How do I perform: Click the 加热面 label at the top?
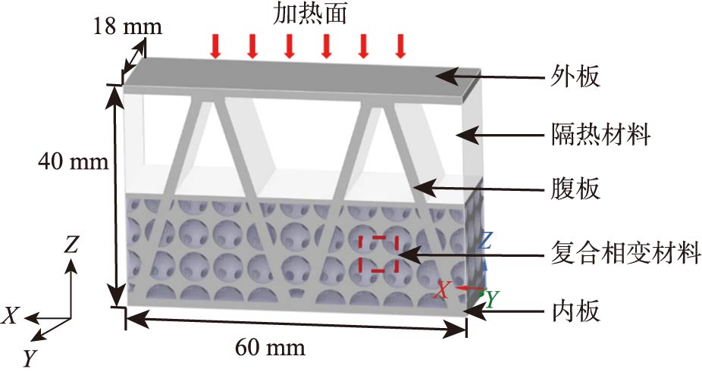(307, 13)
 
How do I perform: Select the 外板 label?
(574, 77)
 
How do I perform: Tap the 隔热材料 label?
(601, 136)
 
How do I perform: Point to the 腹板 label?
(574, 189)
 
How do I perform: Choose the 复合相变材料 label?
(623, 252)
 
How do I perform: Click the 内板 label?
(574, 311)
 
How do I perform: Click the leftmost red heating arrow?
(215, 47)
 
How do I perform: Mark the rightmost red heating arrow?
(400, 47)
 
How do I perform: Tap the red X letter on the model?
(443, 289)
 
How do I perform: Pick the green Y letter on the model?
(492, 300)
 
